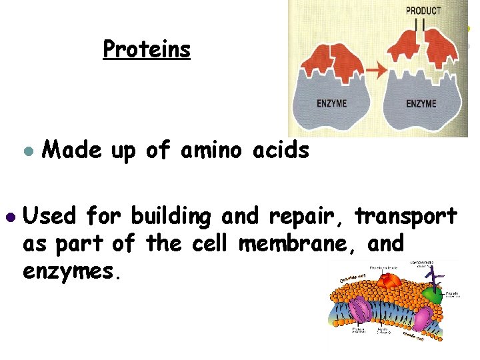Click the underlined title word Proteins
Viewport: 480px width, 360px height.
[x=147, y=49]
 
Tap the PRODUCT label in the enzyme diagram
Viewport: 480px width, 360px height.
[x=423, y=10]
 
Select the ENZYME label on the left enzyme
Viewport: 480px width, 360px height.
[x=331, y=103]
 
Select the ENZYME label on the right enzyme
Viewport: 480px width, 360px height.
[x=421, y=103]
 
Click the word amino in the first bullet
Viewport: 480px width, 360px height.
[x=211, y=151]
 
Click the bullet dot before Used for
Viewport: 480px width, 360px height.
[x=9, y=217]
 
